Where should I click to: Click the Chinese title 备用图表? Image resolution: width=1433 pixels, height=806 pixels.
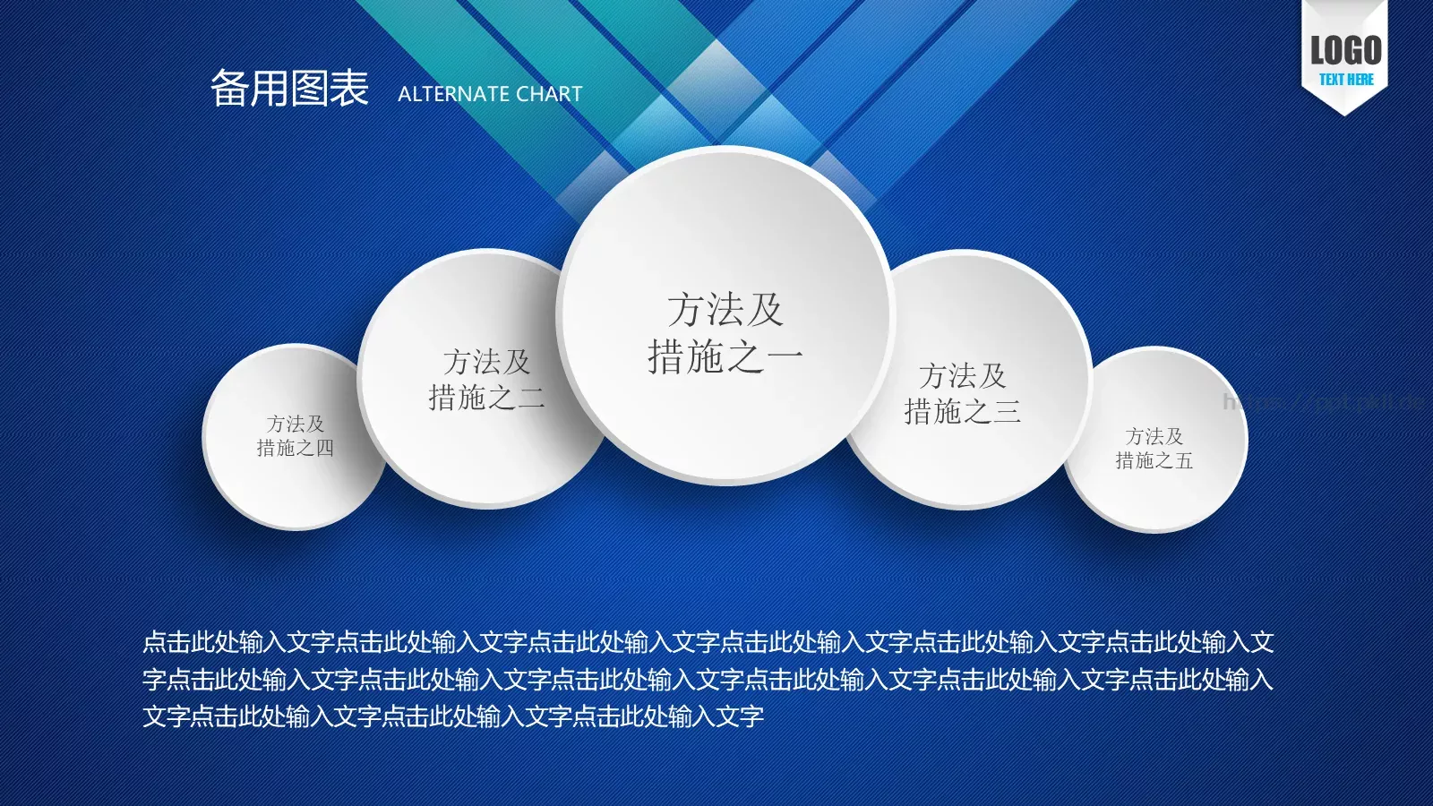click(289, 89)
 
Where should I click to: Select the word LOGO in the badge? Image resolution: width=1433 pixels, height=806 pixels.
click(1345, 50)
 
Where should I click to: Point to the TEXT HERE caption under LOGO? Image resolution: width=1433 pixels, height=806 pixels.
click(1345, 80)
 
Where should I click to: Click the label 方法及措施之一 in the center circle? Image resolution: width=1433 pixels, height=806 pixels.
click(725, 333)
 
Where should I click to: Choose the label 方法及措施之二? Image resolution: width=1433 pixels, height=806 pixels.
click(486, 379)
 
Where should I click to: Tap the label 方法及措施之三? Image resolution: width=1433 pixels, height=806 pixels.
click(962, 392)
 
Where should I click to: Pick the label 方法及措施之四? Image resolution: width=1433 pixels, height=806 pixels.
click(295, 435)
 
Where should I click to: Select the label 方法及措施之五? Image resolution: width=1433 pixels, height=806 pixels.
click(1154, 448)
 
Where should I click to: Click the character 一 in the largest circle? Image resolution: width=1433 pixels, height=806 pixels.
click(785, 357)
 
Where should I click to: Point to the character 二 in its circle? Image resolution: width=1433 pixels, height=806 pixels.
click(531, 397)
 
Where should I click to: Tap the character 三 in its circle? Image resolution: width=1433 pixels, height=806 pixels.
click(1007, 411)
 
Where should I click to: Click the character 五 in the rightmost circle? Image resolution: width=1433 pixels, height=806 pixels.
click(1183, 460)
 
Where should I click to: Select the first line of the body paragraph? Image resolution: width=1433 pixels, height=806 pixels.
click(708, 642)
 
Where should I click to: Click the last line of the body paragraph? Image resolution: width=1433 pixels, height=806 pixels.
click(453, 716)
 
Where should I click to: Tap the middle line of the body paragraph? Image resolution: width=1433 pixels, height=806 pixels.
click(708, 680)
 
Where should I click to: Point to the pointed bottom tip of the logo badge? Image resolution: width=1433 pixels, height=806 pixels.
click(1344, 113)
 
